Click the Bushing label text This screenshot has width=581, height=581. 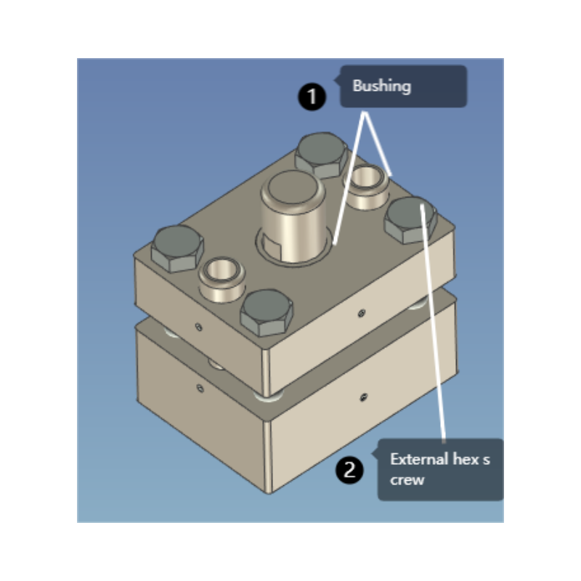(381, 86)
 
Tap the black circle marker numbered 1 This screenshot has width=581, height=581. (312, 97)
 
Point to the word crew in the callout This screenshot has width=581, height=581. (407, 479)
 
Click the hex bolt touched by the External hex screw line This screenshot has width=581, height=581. (410, 219)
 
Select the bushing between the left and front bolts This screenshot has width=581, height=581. (221, 277)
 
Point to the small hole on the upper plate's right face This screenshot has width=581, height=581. (361, 312)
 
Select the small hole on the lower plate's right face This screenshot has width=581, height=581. (362, 397)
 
